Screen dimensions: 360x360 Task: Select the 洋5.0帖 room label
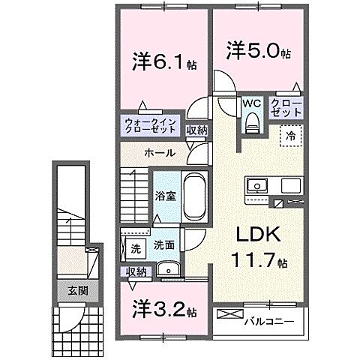(x=259, y=51)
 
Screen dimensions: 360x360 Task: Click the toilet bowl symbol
(x=252, y=122)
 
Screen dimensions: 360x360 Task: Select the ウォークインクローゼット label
(x=151, y=124)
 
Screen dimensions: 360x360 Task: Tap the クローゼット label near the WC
(x=286, y=106)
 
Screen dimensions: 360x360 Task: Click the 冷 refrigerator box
(x=289, y=136)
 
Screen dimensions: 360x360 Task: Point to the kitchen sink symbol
(x=253, y=185)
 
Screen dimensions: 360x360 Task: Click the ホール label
(x=160, y=152)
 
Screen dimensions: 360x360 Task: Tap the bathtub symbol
(x=196, y=196)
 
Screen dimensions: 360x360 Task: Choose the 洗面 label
(x=163, y=244)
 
